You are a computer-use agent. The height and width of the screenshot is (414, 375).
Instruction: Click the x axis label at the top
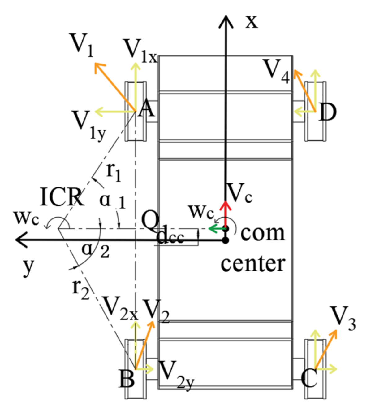point(252,22)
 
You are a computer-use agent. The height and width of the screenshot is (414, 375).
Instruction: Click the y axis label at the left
point(28,267)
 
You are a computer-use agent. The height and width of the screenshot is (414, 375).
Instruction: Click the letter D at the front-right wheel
point(327,112)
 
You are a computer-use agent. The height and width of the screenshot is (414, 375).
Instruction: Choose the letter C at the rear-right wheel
point(309,378)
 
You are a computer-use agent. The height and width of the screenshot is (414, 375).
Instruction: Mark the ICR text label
point(62,197)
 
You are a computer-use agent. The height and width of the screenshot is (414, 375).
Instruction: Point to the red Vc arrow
point(226,214)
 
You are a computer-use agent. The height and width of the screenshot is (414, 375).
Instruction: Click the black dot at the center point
point(226,240)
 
